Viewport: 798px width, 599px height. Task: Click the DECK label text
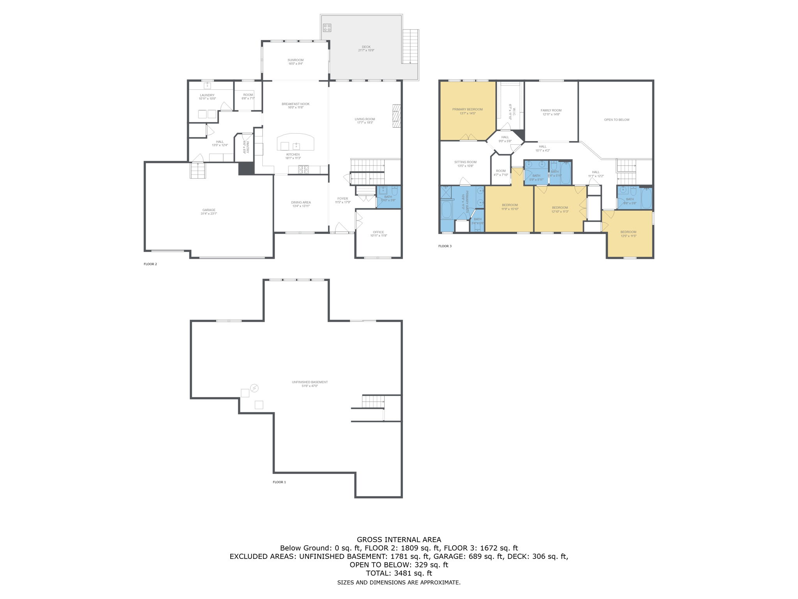click(x=366, y=47)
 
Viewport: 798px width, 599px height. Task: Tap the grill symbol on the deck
click(x=327, y=28)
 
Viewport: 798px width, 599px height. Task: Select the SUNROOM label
click(x=295, y=60)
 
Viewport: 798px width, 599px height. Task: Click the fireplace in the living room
click(x=396, y=116)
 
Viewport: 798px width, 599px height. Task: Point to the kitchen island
click(x=295, y=142)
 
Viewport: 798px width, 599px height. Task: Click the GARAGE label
click(x=209, y=210)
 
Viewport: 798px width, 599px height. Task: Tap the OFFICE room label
click(x=378, y=232)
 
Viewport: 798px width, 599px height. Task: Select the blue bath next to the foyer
click(x=388, y=197)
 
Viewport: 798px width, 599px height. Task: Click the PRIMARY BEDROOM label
click(x=467, y=110)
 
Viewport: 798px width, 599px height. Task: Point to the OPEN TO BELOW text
click(x=616, y=120)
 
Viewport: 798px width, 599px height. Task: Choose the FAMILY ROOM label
click(x=551, y=110)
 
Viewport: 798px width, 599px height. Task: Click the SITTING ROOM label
click(x=465, y=162)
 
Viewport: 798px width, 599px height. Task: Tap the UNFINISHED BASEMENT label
click(x=310, y=382)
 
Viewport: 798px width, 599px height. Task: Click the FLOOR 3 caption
click(x=445, y=246)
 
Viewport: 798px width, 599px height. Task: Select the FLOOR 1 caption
click(x=279, y=482)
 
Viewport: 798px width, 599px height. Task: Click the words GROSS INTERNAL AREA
click(x=399, y=540)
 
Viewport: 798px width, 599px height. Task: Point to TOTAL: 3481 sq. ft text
click(x=399, y=573)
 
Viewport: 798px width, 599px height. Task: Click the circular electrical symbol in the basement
click(x=254, y=388)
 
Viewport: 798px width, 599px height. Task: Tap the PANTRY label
click(x=247, y=147)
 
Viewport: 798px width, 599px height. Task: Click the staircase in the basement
click(x=373, y=402)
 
